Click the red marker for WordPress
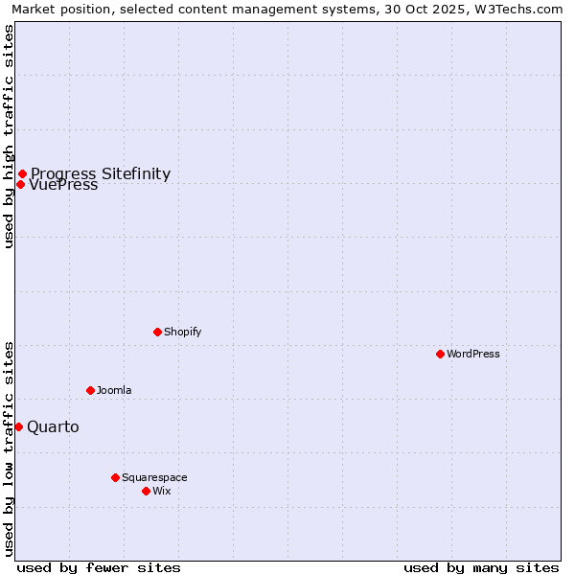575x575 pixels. point(440,354)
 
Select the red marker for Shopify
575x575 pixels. point(157,332)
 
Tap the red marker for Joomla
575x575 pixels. point(90,390)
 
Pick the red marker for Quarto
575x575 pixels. point(18,426)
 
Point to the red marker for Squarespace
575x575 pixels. point(115,477)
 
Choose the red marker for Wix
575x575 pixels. point(146,491)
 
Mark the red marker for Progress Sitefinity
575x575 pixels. point(22,173)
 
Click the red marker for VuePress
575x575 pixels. point(20,184)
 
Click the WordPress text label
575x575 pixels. point(473,354)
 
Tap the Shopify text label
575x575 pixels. point(182,332)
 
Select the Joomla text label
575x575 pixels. point(114,390)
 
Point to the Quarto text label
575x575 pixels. point(53,426)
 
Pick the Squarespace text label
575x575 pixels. point(154,477)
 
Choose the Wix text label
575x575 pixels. point(162,491)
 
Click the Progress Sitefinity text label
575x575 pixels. point(101,173)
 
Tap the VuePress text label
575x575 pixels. point(63,186)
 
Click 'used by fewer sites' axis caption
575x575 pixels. point(99,567)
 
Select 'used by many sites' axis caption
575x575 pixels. point(481,567)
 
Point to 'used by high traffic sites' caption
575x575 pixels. point(9,136)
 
